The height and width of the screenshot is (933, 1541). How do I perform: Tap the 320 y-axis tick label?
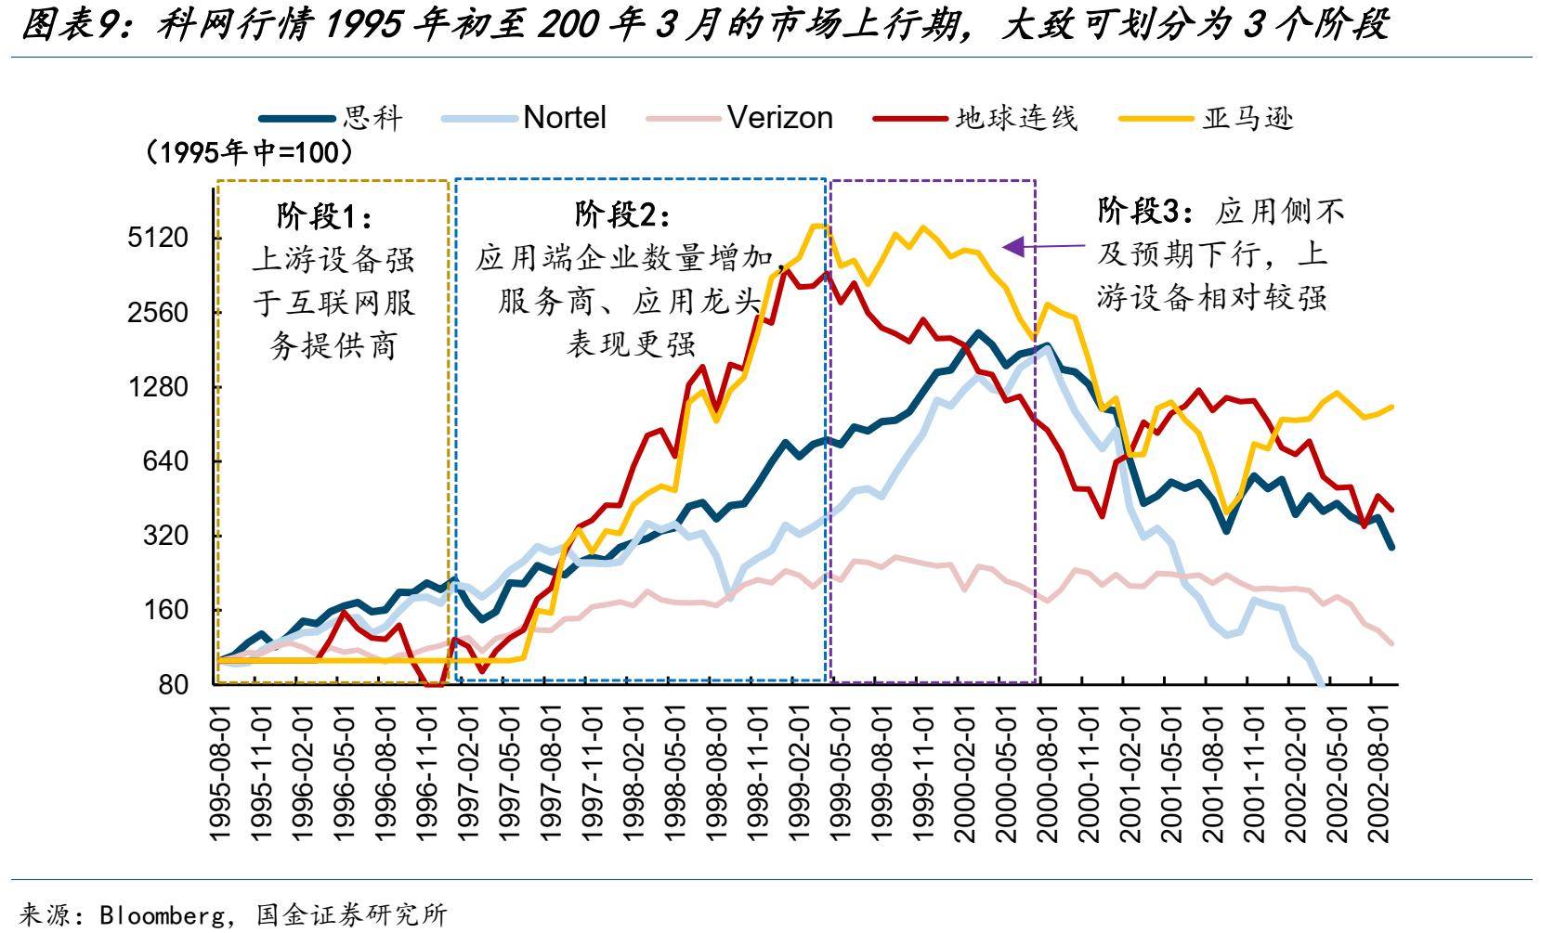(x=163, y=536)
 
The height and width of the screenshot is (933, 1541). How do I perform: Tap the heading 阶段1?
(x=324, y=216)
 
